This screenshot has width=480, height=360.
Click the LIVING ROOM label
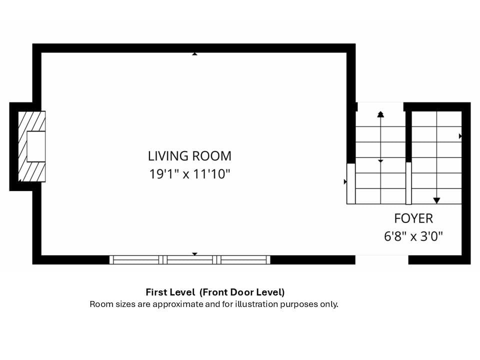click(x=189, y=156)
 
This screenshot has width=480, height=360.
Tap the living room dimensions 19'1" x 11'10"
click(x=189, y=174)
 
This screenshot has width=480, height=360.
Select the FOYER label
click(x=413, y=218)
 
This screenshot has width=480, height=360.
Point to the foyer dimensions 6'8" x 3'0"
click(x=413, y=236)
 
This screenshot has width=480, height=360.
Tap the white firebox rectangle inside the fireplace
click(x=36, y=146)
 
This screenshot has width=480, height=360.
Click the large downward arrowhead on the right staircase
click(x=436, y=200)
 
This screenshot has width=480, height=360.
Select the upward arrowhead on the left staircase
click(x=380, y=114)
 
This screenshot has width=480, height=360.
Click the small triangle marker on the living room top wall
click(x=194, y=54)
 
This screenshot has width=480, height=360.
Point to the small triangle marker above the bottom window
click(x=194, y=254)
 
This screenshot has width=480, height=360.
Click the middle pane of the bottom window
click(x=190, y=260)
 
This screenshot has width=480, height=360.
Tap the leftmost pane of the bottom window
click(x=136, y=260)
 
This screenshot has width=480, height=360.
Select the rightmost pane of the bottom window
click(x=243, y=260)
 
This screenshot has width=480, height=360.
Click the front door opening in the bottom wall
click(x=381, y=259)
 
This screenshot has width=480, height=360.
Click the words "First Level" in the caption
click(x=170, y=292)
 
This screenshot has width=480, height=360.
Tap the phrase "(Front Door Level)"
click(x=242, y=292)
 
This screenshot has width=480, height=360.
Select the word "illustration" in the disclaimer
click(x=256, y=304)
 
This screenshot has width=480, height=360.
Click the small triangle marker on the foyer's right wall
click(x=460, y=136)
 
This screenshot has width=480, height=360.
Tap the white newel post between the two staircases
click(x=408, y=183)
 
